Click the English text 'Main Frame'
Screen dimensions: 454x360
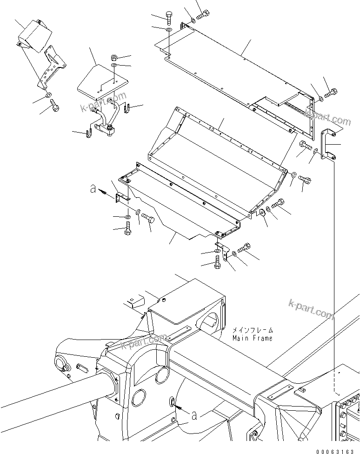tap(253, 338)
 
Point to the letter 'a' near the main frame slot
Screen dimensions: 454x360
tap(194, 414)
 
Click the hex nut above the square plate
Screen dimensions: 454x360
tap(114, 58)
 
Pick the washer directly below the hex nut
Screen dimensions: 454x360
tap(114, 67)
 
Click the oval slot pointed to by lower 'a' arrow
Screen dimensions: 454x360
tap(172, 401)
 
